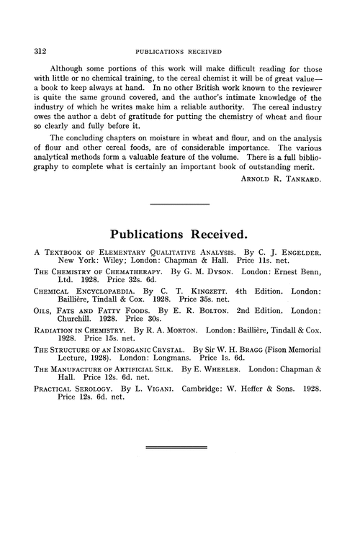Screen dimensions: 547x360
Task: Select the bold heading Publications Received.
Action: click(x=180, y=235)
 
